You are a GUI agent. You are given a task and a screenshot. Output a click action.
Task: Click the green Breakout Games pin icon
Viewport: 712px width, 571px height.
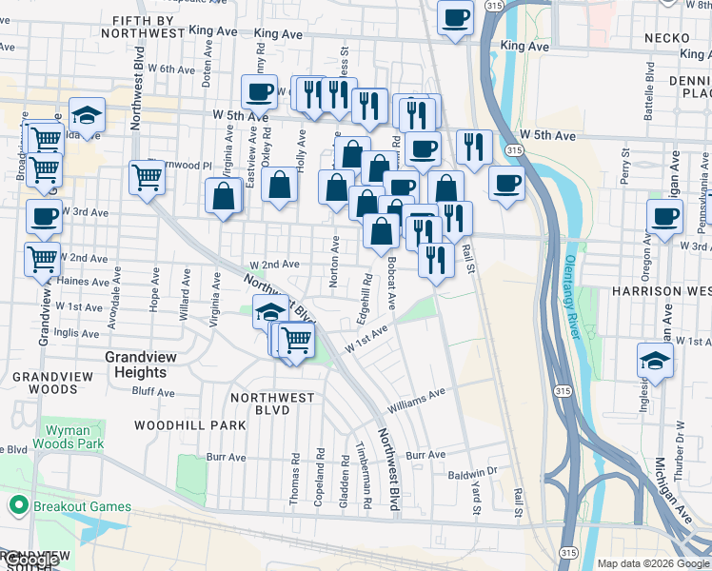(16, 505)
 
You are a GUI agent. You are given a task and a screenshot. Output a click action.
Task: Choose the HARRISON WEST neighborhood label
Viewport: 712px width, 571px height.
(661, 290)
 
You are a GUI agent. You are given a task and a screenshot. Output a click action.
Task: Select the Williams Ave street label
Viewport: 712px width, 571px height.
(416, 400)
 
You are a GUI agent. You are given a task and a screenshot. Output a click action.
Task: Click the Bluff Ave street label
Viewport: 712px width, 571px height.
(153, 391)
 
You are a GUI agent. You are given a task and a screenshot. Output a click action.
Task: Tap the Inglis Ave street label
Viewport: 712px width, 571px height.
(77, 333)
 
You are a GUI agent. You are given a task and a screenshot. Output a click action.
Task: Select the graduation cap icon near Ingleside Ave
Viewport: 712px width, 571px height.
(655, 360)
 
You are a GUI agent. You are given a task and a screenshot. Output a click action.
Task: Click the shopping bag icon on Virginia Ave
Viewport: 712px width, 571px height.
(223, 196)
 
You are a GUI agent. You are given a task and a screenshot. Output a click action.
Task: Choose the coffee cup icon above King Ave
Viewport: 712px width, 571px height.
(455, 17)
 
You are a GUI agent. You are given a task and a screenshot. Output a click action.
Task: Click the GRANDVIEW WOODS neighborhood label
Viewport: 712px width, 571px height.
(46, 383)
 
